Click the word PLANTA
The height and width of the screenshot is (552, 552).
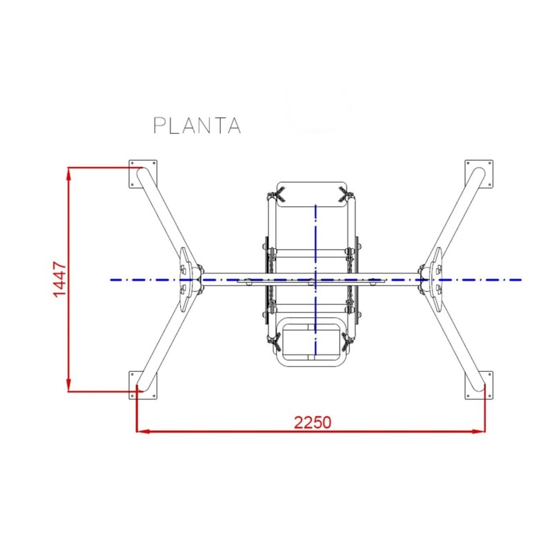(197, 125)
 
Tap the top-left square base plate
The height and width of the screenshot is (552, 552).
(144, 174)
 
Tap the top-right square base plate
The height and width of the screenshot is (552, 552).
(480, 174)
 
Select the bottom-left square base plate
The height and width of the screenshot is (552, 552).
(144, 384)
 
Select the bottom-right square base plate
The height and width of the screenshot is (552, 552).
(480, 384)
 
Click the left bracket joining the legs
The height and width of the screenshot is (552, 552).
(187, 280)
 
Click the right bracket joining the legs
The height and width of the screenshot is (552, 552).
(434, 280)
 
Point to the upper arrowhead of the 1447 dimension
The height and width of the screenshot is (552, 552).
(68, 173)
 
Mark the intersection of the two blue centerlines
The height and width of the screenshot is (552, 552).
(315, 279)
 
